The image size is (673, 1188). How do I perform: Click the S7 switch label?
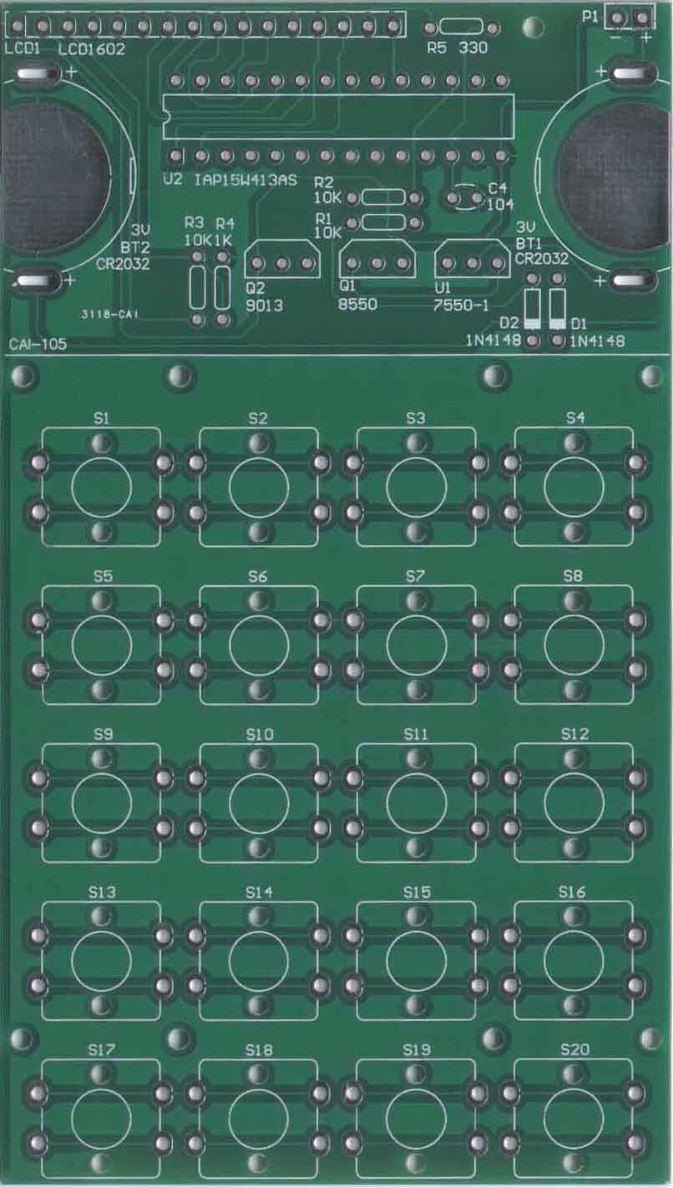click(x=415, y=576)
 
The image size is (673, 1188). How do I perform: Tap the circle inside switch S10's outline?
click(x=230, y=802)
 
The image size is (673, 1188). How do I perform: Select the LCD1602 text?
click(x=91, y=49)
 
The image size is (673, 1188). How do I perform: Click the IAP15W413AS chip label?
click(x=245, y=180)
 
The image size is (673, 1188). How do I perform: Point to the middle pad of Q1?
click(x=377, y=264)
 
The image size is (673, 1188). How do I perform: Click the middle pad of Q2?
click(x=283, y=264)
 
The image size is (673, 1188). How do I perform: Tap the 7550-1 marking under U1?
click(x=461, y=306)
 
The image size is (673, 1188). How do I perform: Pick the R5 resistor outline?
click(x=462, y=27)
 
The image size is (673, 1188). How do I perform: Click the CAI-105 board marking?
click(x=38, y=344)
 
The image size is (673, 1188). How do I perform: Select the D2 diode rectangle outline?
click(x=533, y=308)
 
